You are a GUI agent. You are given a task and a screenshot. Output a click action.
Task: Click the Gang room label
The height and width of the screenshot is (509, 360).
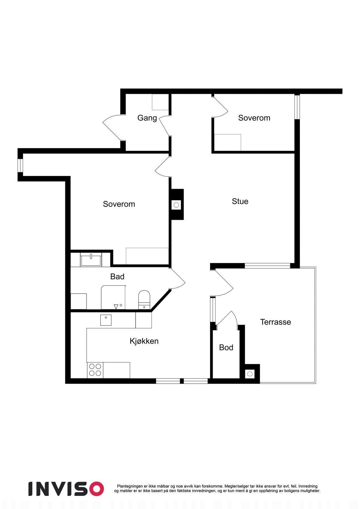[147, 118]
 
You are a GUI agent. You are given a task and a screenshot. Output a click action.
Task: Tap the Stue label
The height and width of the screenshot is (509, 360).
[240, 201]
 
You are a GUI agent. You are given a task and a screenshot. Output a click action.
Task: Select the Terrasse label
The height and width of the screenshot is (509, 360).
[275, 322]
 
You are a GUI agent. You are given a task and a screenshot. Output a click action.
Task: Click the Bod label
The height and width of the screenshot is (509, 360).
[226, 347]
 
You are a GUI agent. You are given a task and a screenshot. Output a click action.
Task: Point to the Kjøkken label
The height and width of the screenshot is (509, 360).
[144, 341]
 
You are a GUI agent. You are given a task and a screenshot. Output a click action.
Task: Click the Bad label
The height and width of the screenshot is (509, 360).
[117, 277]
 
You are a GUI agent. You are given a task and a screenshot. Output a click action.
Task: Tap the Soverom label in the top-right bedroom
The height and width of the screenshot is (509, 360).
[254, 118]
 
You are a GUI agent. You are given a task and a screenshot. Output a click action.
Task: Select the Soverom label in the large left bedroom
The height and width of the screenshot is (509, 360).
[119, 204]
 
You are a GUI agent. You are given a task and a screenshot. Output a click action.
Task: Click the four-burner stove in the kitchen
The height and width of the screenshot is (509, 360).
[95, 370]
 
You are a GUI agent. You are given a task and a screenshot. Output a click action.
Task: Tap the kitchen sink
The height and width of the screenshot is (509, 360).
[106, 320]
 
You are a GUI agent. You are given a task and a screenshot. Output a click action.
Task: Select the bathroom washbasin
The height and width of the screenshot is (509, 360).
[91, 260]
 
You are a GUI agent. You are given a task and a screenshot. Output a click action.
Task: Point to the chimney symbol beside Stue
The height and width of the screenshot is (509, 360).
[176, 205]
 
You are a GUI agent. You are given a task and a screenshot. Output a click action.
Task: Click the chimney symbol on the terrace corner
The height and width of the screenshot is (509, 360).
[250, 373]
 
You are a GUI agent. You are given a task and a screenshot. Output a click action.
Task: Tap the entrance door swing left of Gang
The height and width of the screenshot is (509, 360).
[111, 127]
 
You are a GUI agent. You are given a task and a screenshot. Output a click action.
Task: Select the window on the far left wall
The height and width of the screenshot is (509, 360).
[20, 165]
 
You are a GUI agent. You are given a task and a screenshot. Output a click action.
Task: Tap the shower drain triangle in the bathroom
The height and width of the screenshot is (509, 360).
[116, 306]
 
